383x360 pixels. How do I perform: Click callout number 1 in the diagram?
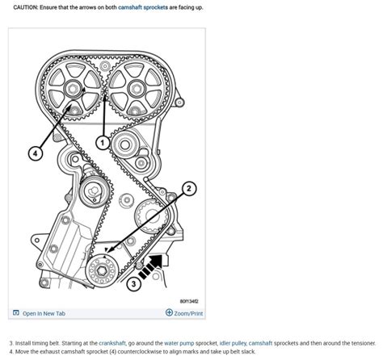(102, 142)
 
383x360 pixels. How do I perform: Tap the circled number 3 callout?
(135, 283)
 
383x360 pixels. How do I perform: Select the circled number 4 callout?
(36, 153)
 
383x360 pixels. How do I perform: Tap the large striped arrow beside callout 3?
(153, 267)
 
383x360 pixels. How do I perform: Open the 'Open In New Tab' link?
(44, 313)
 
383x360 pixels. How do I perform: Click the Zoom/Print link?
(184, 313)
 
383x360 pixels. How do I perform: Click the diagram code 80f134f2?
(189, 299)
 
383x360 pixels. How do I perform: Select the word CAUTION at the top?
(29, 7)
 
